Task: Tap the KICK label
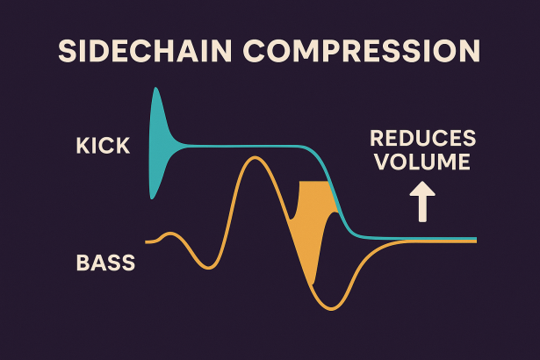pyautogui.click(x=103, y=146)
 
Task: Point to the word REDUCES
pyautogui.click(x=422, y=139)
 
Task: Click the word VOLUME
pyautogui.click(x=423, y=162)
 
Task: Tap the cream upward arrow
pyautogui.click(x=422, y=202)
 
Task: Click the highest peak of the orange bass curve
pyautogui.click(x=256, y=158)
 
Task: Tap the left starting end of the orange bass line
pyautogui.click(x=148, y=241)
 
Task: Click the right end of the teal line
pyautogui.click(x=475, y=238)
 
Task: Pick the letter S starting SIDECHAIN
pyautogui.click(x=67, y=50)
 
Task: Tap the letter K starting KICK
pyautogui.click(x=83, y=146)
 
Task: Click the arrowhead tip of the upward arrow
pyautogui.click(x=422, y=184)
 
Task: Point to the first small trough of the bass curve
pyautogui.click(x=207, y=267)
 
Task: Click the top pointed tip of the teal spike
pyautogui.click(x=156, y=89)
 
